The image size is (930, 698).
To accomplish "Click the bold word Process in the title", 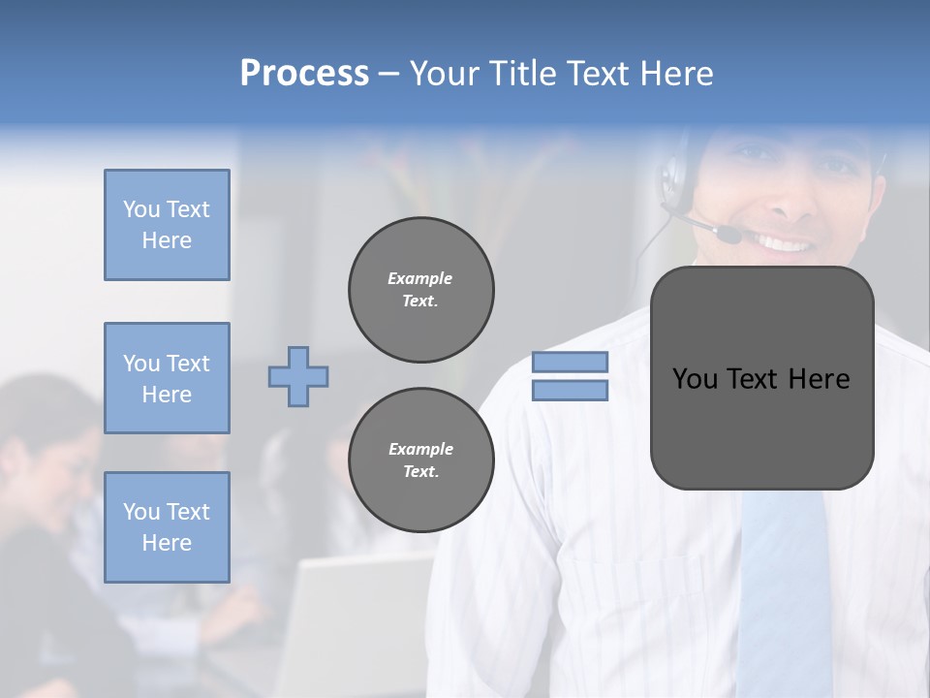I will click(304, 74).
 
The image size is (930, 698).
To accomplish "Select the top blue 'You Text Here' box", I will click(167, 225).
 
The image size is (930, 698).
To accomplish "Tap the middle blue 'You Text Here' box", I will click(167, 378).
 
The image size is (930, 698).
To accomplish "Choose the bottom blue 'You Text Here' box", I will click(167, 527).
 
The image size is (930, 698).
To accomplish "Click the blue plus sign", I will click(298, 376).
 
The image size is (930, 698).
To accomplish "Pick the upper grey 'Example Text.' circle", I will click(420, 290).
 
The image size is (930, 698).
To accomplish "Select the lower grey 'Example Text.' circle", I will click(420, 460).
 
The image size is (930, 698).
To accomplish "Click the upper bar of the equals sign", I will click(570, 363).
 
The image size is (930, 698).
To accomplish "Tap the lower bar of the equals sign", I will click(570, 391).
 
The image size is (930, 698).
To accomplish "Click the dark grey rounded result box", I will click(761, 378).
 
